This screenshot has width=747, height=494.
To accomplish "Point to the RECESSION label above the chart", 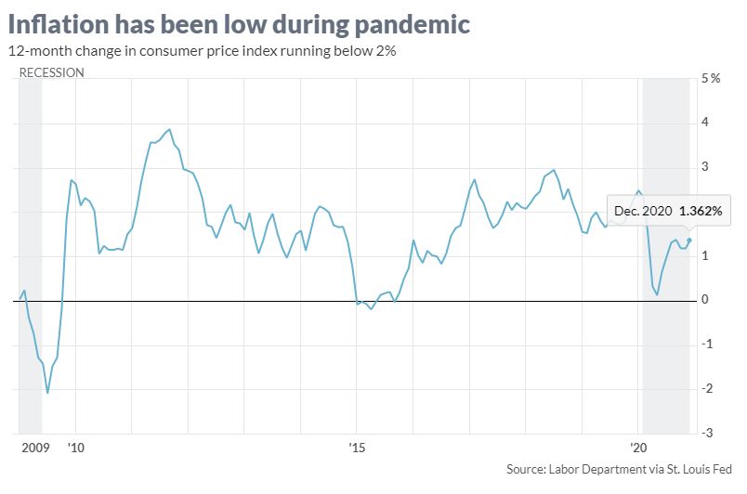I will (x=51, y=72).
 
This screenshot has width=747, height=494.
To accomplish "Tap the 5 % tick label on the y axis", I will (x=710, y=78).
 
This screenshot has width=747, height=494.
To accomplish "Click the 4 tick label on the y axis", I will (x=705, y=123).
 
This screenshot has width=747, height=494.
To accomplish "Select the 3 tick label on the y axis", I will (x=705, y=167).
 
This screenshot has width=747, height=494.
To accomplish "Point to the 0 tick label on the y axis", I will (x=705, y=300).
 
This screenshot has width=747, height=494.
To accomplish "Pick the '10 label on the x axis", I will (x=75, y=448).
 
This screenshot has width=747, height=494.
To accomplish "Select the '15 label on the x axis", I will (x=357, y=448).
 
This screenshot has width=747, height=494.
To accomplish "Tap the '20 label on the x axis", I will (x=638, y=448).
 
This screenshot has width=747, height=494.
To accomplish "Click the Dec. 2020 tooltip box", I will (x=667, y=212).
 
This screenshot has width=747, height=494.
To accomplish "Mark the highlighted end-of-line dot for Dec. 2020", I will (x=688, y=240).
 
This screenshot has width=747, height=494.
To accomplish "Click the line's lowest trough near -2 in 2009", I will (x=47, y=393).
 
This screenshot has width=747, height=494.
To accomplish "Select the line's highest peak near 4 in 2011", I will (x=168, y=130).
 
